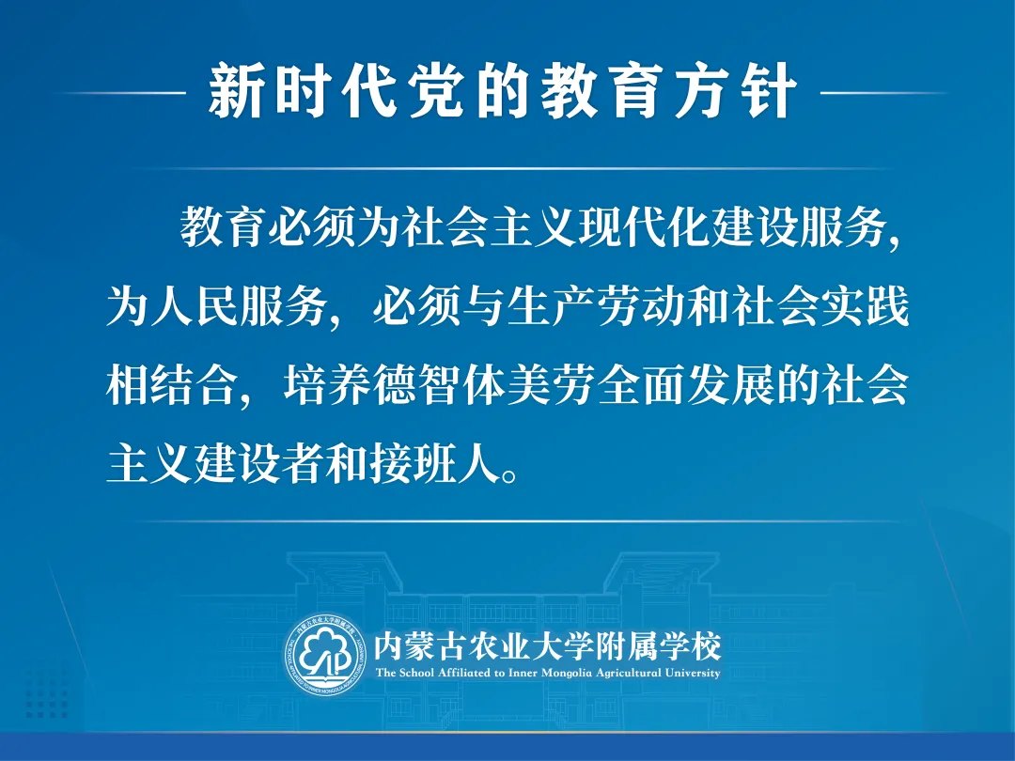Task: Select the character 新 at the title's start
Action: click(236, 91)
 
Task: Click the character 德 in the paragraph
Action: click(394, 386)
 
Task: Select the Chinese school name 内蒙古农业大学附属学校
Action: click(548, 646)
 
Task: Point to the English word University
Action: click(694, 674)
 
